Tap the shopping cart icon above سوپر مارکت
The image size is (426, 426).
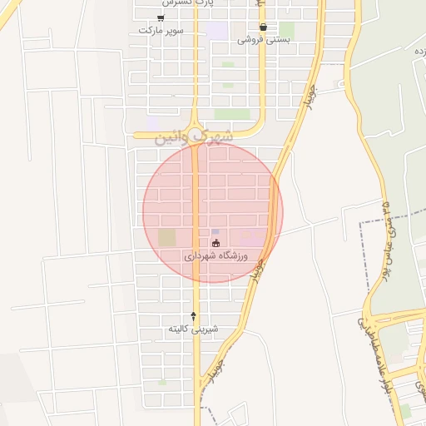161,17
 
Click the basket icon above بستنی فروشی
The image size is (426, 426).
264,27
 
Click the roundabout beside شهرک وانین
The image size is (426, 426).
195,132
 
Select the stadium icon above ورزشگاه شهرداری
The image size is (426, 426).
217,244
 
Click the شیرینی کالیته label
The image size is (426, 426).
193,329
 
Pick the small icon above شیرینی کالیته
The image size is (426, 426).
194,316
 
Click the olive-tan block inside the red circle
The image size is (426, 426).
167,238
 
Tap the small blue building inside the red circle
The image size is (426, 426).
215,232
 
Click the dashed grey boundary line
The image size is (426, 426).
363,250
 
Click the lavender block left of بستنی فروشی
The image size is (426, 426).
217,31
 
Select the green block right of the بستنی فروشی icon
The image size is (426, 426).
286,30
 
